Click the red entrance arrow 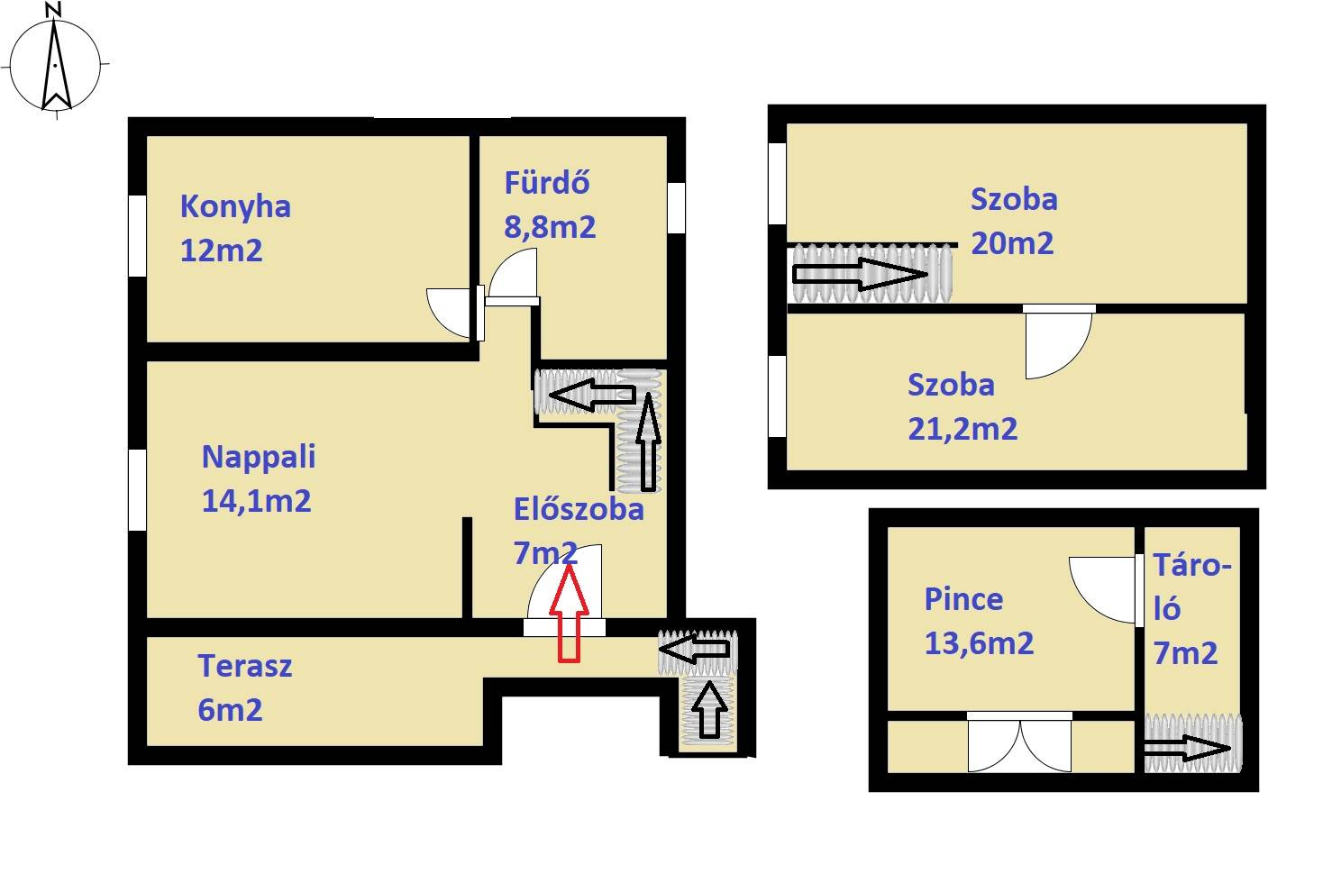click(x=569, y=614)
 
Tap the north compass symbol click(x=55, y=62)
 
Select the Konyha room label click(x=235, y=207)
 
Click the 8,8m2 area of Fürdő click(x=550, y=227)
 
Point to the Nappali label click(x=259, y=457)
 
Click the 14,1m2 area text click(x=256, y=501)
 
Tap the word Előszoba click(x=579, y=509)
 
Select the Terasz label click(x=245, y=666)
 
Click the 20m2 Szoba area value click(x=1012, y=243)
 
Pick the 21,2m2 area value click(x=963, y=429)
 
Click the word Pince click(x=964, y=599)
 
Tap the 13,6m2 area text click(x=980, y=643)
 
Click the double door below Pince click(x=1019, y=742)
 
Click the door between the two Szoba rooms click(x=1058, y=341)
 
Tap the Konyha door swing click(x=455, y=313)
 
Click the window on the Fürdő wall click(x=676, y=207)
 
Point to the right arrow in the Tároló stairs click(x=1187, y=748)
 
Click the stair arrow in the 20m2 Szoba click(x=861, y=275)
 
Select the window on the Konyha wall click(x=137, y=235)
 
